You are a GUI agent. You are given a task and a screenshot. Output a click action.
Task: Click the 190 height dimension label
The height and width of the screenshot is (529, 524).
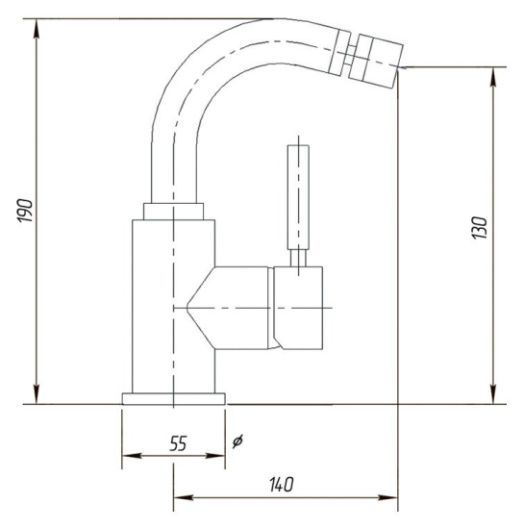pyautogui.click(x=25, y=211)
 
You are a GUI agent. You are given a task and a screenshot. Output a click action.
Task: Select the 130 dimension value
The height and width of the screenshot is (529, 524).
pyautogui.click(x=480, y=228)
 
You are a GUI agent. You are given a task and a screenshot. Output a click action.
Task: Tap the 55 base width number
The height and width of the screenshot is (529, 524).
pyautogui.click(x=178, y=443)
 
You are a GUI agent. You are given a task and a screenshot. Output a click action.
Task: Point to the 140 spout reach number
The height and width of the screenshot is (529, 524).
pyautogui.click(x=282, y=485)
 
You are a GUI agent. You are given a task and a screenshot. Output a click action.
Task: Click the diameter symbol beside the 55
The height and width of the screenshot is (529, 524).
pyautogui.click(x=237, y=441)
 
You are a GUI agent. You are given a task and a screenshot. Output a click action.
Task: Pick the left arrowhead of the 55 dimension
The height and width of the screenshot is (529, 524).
pyautogui.click(x=132, y=456)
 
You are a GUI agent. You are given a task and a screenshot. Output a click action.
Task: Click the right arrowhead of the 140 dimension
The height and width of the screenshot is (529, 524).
pyautogui.click(x=387, y=497)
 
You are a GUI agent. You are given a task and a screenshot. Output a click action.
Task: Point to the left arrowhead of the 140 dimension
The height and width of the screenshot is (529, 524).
pyautogui.click(x=184, y=497)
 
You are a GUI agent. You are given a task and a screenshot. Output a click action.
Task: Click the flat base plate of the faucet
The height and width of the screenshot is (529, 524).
pyautogui.click(x=174, y=398)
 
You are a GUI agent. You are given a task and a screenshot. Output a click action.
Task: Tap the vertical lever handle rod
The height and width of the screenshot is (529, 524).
pyautogui.click(x=298, y=197)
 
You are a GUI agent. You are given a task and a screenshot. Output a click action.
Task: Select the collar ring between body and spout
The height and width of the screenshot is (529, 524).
pyautogui.click(x=174, y=212)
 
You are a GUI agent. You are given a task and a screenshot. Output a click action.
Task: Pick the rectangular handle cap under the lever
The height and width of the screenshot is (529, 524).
pyautogui.click(x=298, y=308)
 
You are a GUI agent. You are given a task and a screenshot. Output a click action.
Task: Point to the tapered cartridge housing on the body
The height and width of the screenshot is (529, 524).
pyautogui.click(x=228, y=308)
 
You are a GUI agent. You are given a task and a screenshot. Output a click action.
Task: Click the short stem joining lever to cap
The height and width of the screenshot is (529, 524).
pyautogui.click(x=298, y=258)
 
